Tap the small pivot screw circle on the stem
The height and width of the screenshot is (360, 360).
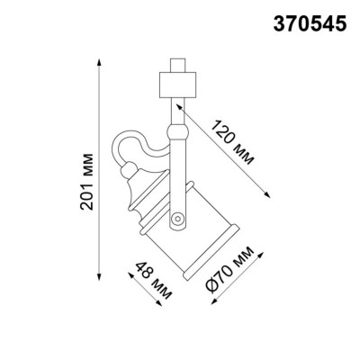click(178, 217)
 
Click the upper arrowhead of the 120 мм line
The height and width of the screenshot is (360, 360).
click(185, 105)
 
